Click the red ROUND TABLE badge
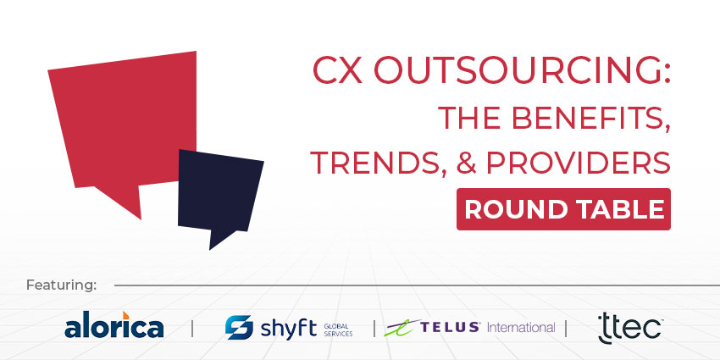point(563,208)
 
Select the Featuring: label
point(62,284)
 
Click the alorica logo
point(114,326)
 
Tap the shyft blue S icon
point(239,327)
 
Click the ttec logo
point(629,326)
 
